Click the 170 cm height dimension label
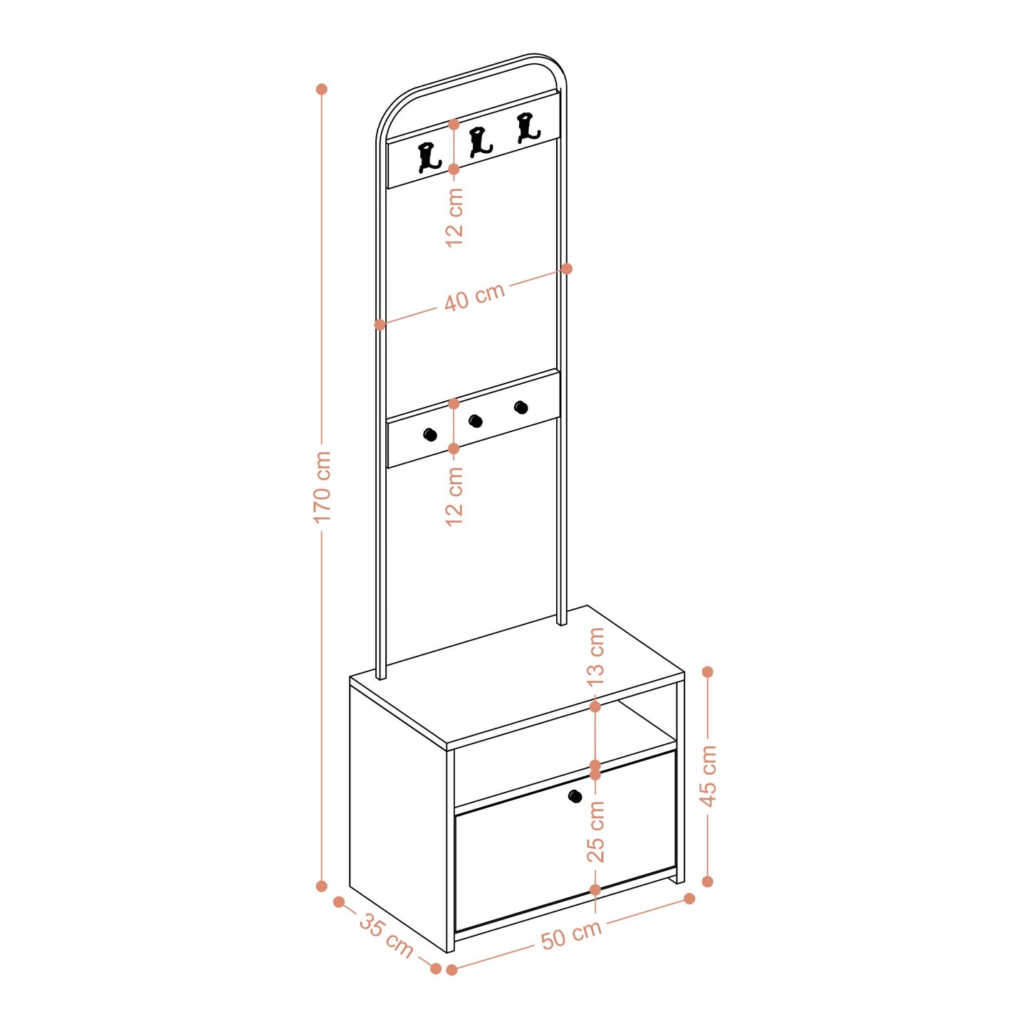click(323, 486)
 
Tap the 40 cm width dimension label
click(475, 296)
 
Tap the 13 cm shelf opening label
click(596, 657)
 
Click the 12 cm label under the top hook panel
click(454, 216)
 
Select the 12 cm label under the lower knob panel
click(454, 496)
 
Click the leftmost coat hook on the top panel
click(429, 157)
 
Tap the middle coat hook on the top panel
click(480, 142)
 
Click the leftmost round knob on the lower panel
click(430, 434)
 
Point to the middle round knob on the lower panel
click(476, 422)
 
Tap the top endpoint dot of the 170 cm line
click(321, 89)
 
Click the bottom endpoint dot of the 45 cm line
click(708, 881)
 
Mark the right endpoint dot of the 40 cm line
click(567, 268)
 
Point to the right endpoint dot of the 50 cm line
click(689, 898)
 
